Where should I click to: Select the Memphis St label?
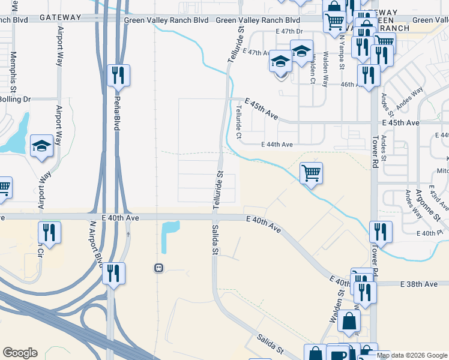13,67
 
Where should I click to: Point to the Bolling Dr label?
17,99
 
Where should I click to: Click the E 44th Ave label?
277,145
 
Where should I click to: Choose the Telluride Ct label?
239,124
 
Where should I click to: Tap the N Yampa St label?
341,47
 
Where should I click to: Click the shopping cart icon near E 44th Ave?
311,173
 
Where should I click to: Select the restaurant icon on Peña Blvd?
118,75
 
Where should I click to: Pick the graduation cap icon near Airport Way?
41,146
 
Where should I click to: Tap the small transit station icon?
158,268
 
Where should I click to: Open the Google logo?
20,353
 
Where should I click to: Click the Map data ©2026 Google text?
412,355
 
